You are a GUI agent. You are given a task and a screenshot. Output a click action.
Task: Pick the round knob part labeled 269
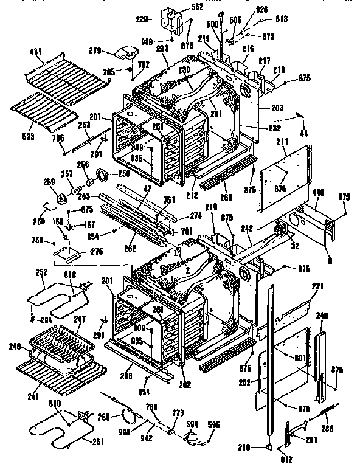click(x=61, y=198)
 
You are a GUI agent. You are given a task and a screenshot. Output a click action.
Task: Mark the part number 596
click(x=214, y=424)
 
